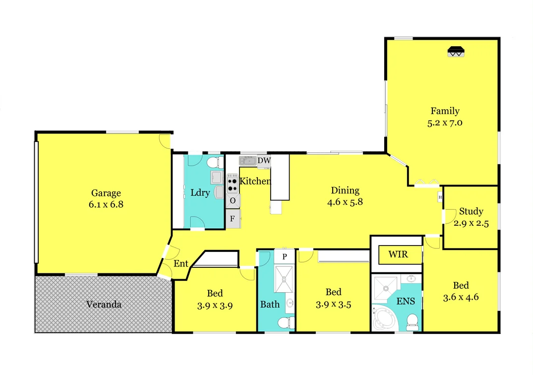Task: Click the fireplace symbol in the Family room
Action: pos(455,52)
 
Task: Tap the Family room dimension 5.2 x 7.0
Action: pos(445,123)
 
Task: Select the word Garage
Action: pos(106,193)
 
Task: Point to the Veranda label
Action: pos(104,305)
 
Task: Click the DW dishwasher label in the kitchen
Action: pos(264,160)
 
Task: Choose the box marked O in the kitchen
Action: pos(232,201)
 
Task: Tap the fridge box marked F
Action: pos(232,218)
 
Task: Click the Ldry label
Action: pos(200,193)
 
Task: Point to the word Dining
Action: pos(345,190)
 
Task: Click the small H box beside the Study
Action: pos(440,197)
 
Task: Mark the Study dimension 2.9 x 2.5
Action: pos(471,224)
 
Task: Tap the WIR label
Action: pos(398,254)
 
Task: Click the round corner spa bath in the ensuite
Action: pos(385,319)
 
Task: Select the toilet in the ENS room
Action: pos(412,322)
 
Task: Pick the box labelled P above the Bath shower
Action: pos(285,256)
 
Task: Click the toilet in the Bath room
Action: pos(284,323)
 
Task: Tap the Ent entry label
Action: pos(180,264)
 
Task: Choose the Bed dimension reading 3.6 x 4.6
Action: pos(461,298)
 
